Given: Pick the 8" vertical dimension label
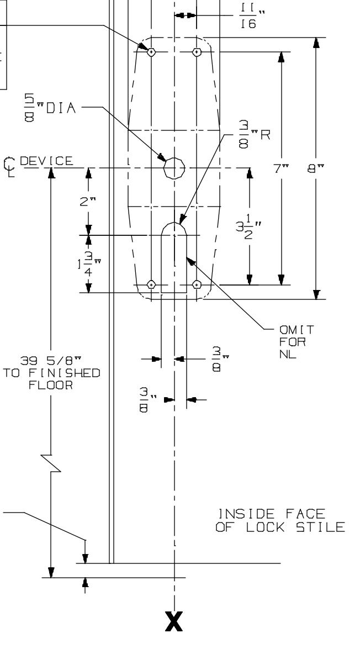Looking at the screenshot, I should click(316, 168).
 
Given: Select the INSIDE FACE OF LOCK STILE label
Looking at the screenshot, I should click(280, 521).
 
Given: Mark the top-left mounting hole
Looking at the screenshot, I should click(151, 52).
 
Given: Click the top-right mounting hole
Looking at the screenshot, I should click(197, 52).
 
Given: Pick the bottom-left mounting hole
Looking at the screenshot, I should click(151, 284).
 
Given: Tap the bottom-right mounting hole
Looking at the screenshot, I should click(197, 284).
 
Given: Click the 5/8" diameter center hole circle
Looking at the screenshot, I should click(174, 167).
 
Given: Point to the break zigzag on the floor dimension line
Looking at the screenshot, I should click(51, 462).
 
